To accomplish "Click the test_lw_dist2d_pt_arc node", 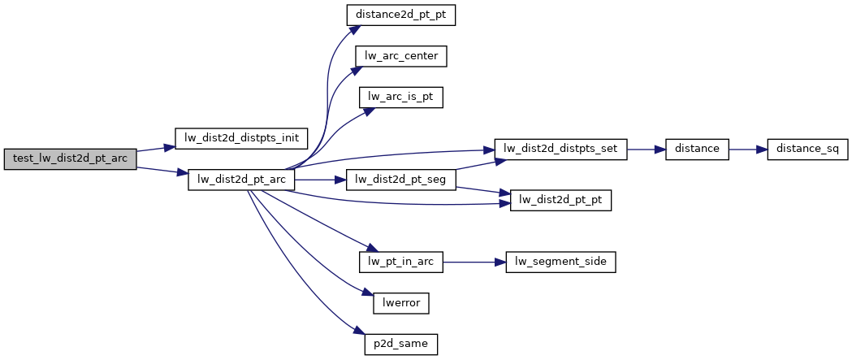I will [70, 158].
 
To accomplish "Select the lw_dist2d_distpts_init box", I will [241, 138].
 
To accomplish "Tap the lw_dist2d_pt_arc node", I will [241, 180].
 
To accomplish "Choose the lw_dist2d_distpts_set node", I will [561, 149].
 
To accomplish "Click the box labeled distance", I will [696, 149].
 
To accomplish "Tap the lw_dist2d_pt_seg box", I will [401, 180].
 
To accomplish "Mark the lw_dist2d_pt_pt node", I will [560, 200].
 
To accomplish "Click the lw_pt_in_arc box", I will [401, 262].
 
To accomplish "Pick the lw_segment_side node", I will [561, 262].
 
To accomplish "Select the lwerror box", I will [400, 303].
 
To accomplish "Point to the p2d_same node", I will [401, 344].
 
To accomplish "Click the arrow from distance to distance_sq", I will [748, 149].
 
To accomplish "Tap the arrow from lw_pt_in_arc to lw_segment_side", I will [475, 262].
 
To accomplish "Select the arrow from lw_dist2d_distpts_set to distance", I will [646, 149].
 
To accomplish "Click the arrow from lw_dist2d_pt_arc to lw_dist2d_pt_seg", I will [320, 180].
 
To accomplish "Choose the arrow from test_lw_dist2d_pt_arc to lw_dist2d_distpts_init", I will [156, 149].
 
